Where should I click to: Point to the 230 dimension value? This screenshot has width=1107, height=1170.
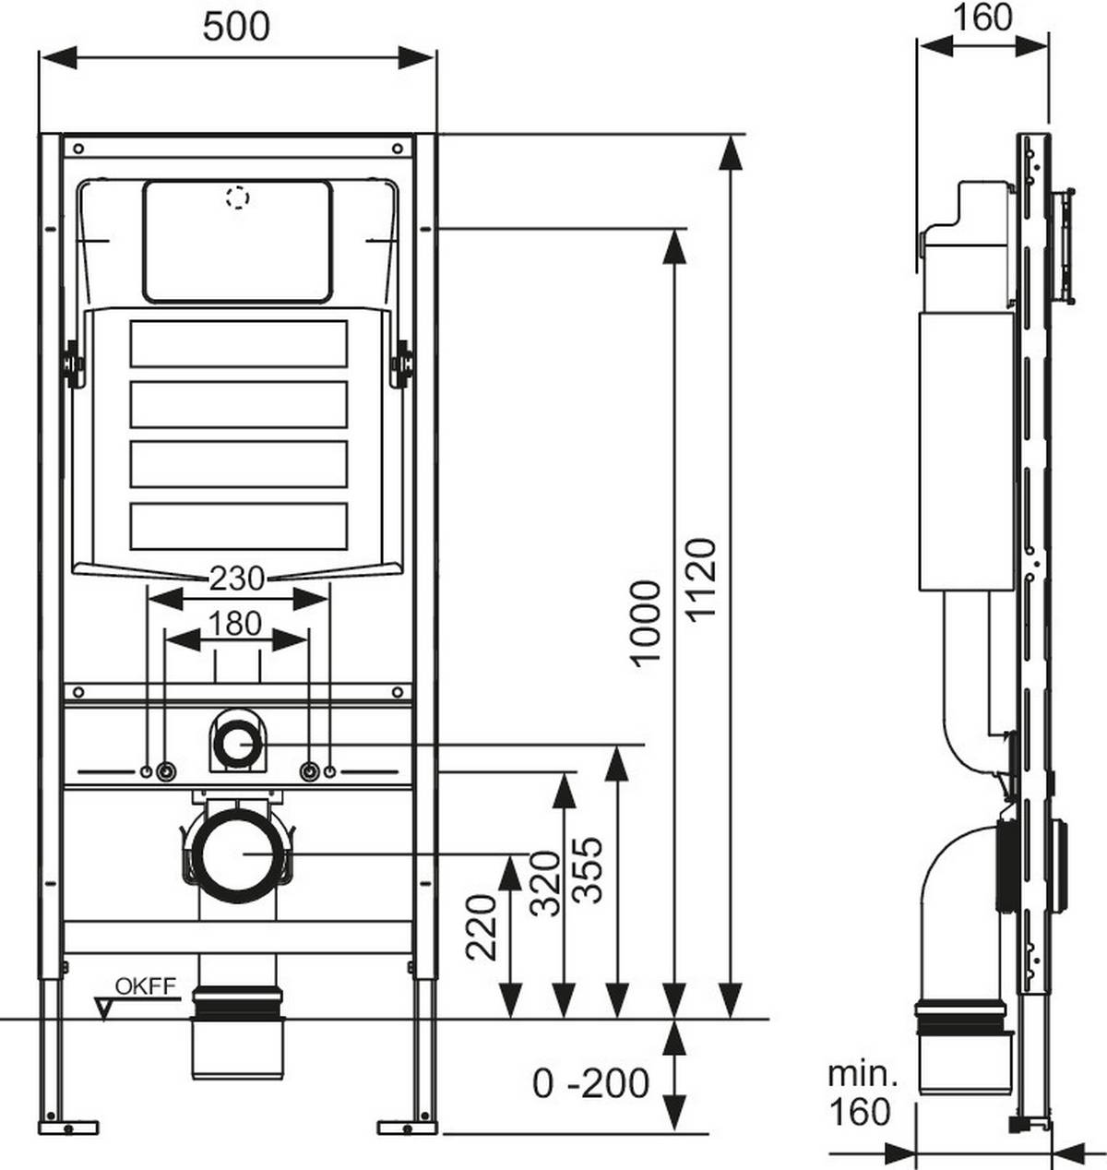237,579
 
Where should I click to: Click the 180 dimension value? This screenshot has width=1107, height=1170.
236,624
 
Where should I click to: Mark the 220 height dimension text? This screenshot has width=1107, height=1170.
482,925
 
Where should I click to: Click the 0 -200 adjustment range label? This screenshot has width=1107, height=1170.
590,1082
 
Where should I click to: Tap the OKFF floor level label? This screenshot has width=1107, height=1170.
145,985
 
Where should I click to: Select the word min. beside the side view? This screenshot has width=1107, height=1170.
862,1073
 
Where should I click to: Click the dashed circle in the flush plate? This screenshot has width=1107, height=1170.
238,197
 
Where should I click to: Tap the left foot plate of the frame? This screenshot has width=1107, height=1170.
68,1127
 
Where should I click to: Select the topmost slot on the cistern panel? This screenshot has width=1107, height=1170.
238,343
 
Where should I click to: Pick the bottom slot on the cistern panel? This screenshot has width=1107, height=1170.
238,525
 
